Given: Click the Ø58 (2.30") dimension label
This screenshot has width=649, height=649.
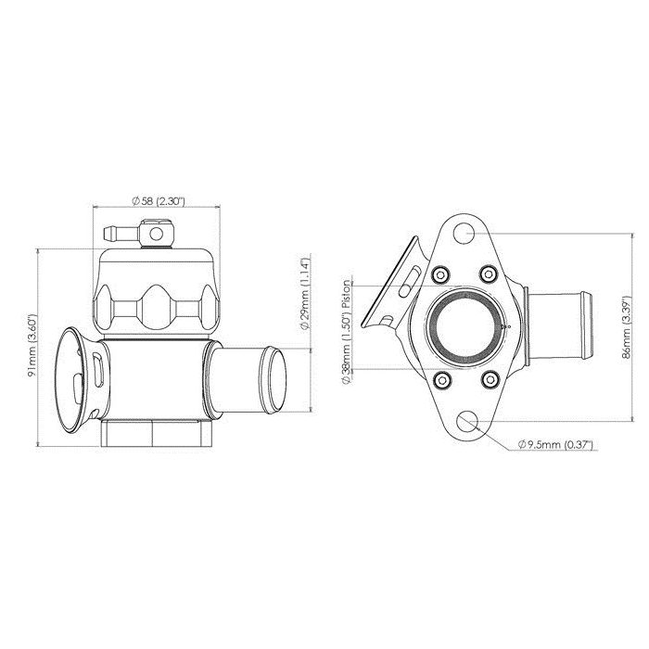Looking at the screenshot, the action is [x=158, y=201].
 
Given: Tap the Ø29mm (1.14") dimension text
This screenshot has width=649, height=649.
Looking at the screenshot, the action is [x=304, y=294].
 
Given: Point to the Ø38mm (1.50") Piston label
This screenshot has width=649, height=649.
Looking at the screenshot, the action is [x=347, y=332].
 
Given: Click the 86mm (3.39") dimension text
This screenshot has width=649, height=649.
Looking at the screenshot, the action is [x=626, y=327].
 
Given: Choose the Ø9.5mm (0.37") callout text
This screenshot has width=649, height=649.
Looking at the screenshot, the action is [x=556, y=444].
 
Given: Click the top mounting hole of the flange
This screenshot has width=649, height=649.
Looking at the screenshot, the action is [x=464, y=233].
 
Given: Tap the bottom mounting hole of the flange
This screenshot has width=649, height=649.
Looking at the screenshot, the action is [x=467, y=422].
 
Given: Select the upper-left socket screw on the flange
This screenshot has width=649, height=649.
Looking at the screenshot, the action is [x=439, y=274].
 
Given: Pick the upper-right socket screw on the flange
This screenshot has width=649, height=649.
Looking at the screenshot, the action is [x=489, y=274].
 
